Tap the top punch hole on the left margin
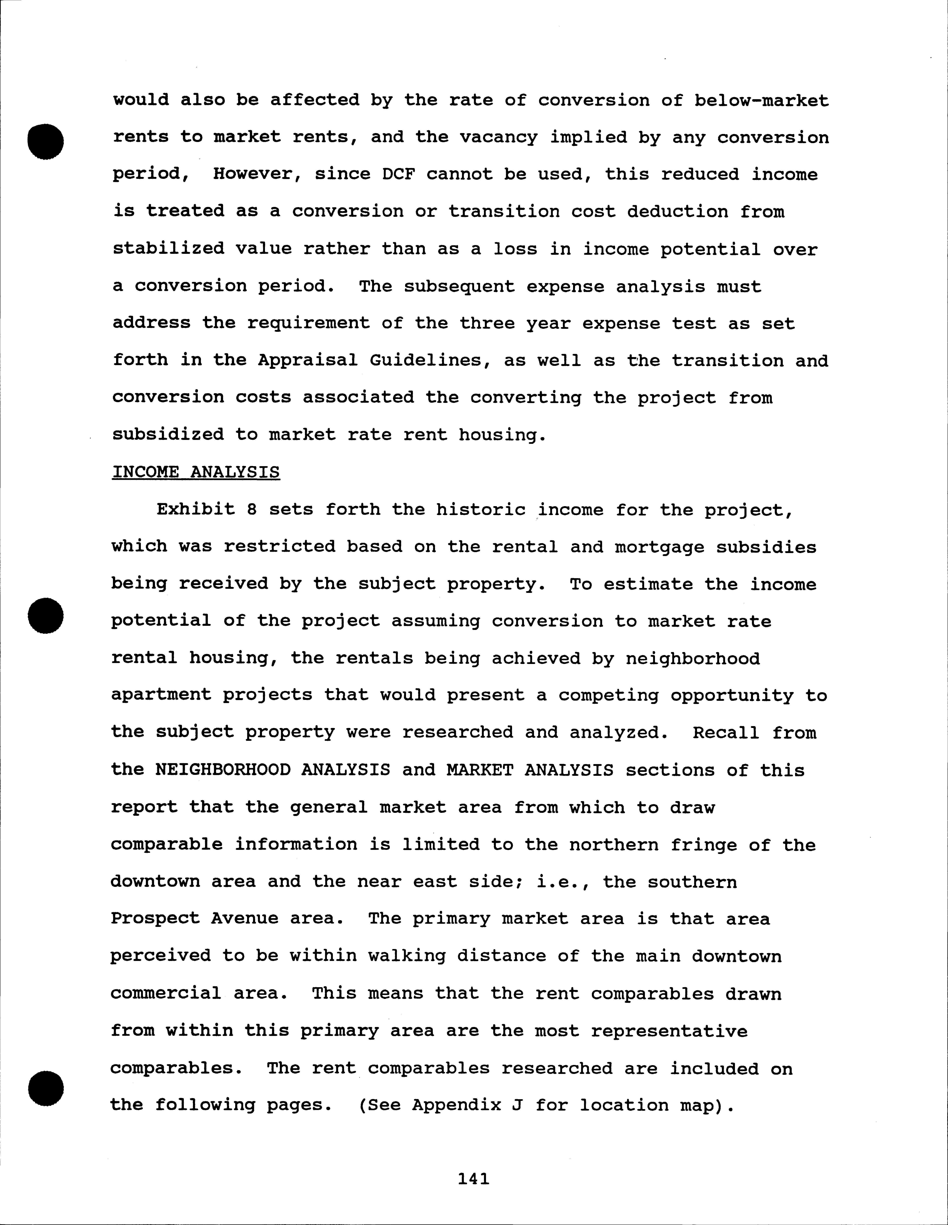pos(45,141)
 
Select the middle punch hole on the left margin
pos(45,616)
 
